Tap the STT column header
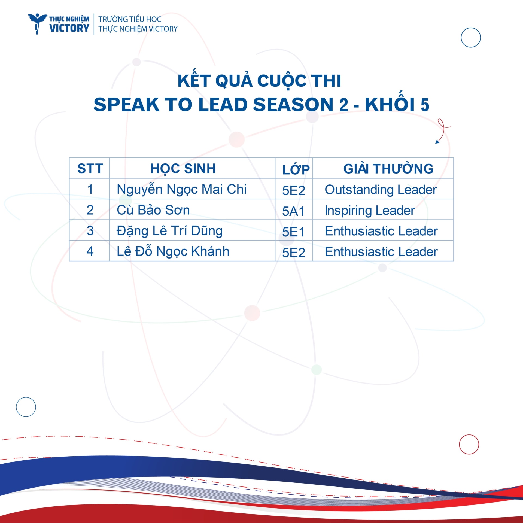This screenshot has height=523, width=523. pyautogui.click(x=90, y=168)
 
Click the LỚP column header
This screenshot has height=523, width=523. pyautogui.click(x=296, y=169)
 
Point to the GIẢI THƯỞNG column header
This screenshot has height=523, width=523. pyautogui.click(x=388, y=169)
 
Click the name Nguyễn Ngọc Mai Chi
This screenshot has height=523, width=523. pyautogui.click(x=182, y=190)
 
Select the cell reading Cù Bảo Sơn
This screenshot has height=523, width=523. pyautogui.click(x=153, y=210)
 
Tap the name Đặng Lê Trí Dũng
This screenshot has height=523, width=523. pyautogui.click(x=170, y=231)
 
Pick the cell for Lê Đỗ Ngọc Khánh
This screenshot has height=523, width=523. pyautogui.click(x=173, y=251)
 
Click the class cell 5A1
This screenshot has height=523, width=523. pyautogui.click(x=293, y=211)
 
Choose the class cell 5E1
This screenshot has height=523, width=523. pyautogui.click(x=293, y=232)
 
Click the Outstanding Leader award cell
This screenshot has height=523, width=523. pyautogui.click(x=381, y=190)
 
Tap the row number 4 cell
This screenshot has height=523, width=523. pyautogui.click(x=90, y=251)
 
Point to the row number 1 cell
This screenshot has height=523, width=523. pyautogui.click(x=90, y=189)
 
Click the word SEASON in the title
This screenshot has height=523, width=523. pyautogui.click(x=293, y=105)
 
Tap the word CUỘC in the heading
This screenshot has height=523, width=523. pyautogui.click(x=282, y=81)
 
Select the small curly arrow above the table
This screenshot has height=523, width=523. pyautogui.click(x=443, y=131)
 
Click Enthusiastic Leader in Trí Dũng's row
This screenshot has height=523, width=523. pyautogui.click(x=381, y=231)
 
